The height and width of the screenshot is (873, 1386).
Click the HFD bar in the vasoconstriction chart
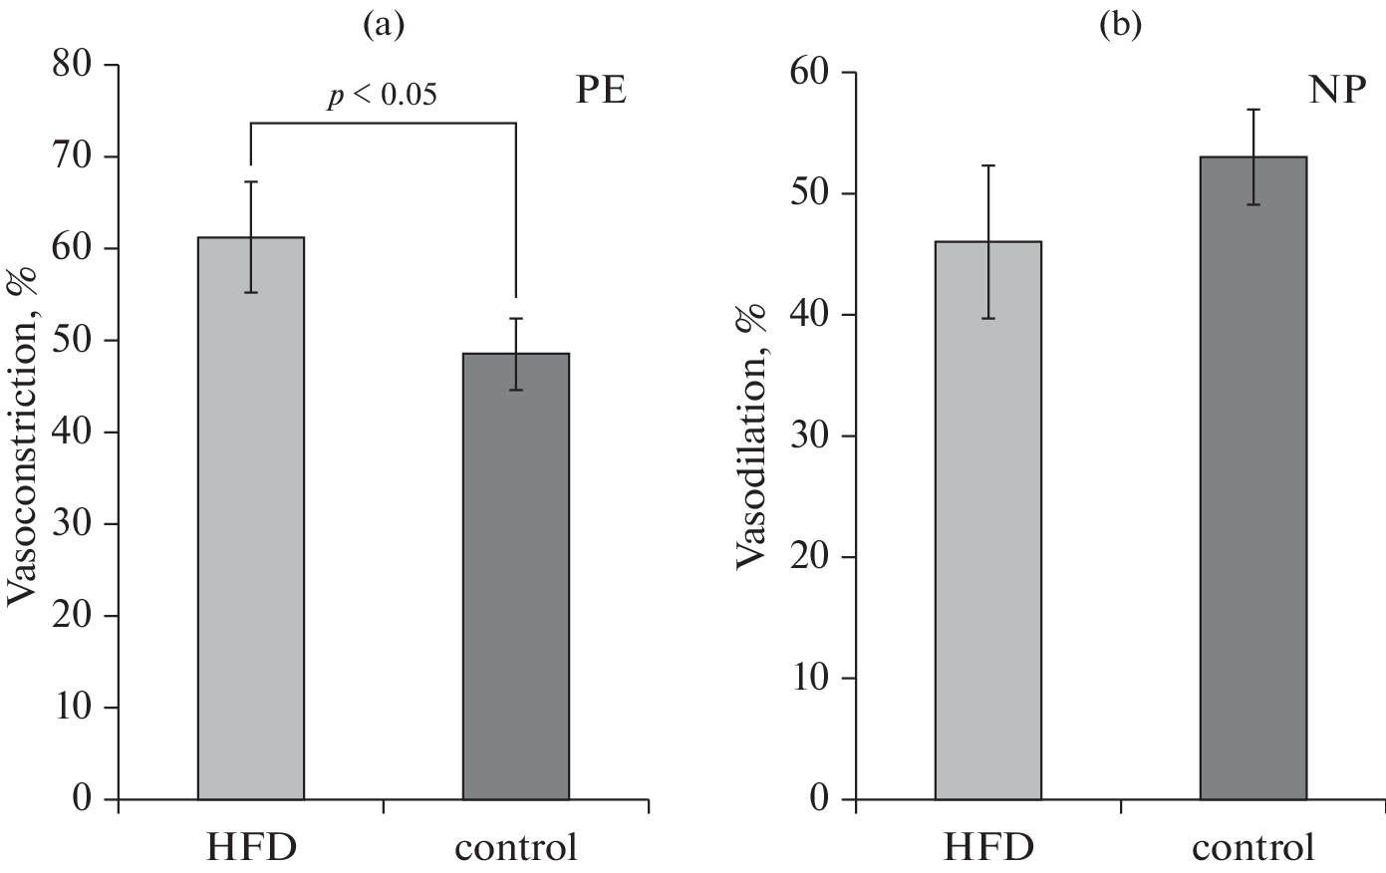tap(251, 518)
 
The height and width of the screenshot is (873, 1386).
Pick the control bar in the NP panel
tap(1253, 478)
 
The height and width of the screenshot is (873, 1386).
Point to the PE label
tap(600, 91)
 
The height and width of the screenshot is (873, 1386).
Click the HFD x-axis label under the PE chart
tap(251, 847)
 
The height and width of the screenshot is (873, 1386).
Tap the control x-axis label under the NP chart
tap(1253, 847)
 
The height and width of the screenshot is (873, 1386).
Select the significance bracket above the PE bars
tap(383, 123)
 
